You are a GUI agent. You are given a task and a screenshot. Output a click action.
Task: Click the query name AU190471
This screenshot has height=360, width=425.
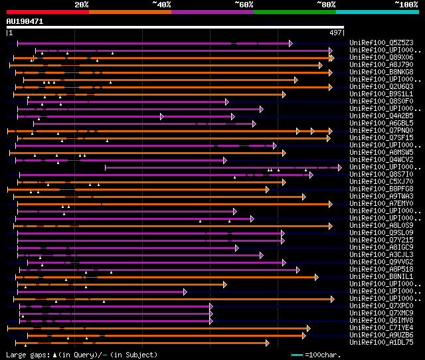[x=25, y=21]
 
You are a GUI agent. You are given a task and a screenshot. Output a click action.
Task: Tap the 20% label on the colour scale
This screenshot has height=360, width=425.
[x=82, y=5]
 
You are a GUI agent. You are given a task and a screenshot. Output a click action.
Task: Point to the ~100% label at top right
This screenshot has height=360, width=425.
[x=406, y=5]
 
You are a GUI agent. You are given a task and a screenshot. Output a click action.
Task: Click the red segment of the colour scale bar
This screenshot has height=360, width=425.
[x=47, y=11]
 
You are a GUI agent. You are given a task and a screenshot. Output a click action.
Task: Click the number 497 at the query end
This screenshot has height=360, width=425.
[x=336, y=33]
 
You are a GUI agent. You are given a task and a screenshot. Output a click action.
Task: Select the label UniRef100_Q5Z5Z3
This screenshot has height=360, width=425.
[x=381, y=43]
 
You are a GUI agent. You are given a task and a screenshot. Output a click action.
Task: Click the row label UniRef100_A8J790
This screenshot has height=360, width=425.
[x=381, y=65]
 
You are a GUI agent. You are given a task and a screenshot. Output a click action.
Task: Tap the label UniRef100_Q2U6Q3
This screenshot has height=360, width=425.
[x=381, y=87]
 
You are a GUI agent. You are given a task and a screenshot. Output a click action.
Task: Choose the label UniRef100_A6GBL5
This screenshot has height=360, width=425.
[x=381, y=124]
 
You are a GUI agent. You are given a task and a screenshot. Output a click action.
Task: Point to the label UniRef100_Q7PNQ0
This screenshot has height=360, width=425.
[x=381, y=131]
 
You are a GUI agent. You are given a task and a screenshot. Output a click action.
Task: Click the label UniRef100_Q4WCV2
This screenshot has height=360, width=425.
[x=381, y=160]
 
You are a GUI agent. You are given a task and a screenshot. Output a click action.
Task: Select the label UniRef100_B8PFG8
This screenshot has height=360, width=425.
[x=381, y=189]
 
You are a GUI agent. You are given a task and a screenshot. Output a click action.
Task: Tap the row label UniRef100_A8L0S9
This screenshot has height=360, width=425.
[x=381, y=226]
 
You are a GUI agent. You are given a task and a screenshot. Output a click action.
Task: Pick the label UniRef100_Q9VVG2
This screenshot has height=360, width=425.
[x=381, y=262]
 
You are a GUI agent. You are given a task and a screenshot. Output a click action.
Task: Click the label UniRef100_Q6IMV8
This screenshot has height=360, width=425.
[x=381, y=321]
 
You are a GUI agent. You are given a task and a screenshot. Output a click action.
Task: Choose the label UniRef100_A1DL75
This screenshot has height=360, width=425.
[x=381, y=343]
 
